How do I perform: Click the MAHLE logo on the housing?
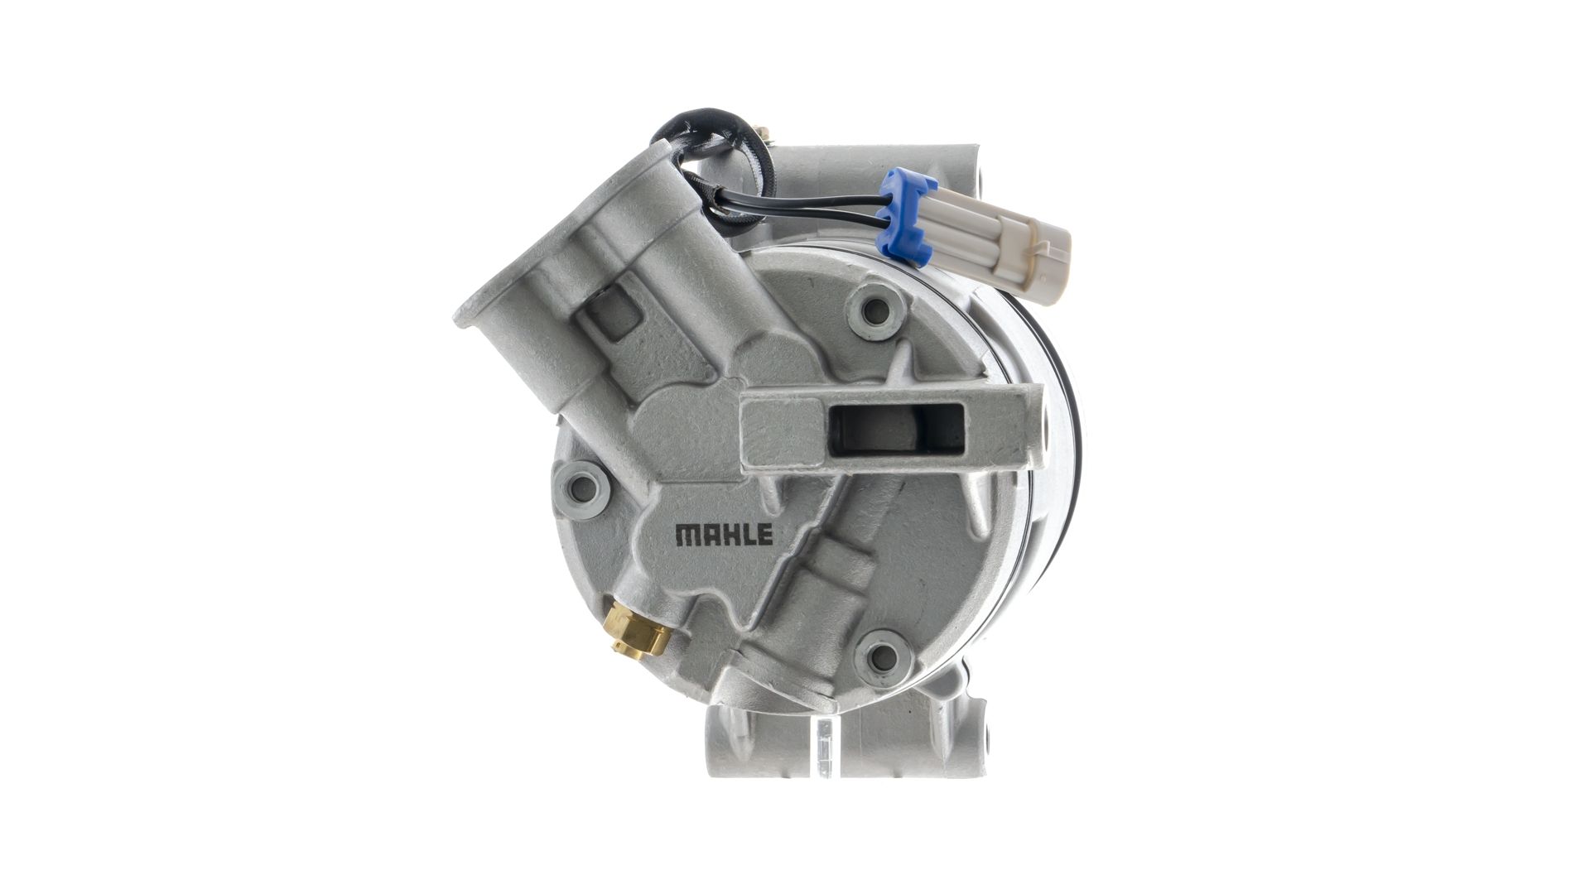pos(724,535)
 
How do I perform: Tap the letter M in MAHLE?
pos(687,535)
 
